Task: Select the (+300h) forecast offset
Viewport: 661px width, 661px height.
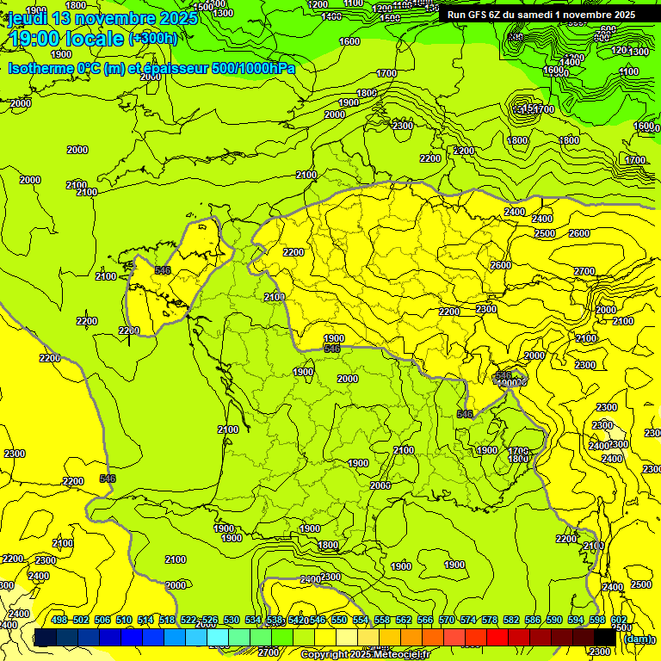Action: tap(153, 39)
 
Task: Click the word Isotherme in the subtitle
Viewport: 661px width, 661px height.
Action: tap(42, 67)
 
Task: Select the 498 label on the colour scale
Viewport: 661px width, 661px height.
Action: tap(59, 620)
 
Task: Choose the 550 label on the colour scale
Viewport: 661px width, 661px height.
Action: tap(339, 620)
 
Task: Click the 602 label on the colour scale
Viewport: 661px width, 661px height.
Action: tap(618, 620)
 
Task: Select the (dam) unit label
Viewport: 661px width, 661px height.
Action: tap(638, 638)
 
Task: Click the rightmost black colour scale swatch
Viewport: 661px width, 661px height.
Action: tap(605, 638)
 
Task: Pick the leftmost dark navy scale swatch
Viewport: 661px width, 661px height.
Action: tap(46, 638)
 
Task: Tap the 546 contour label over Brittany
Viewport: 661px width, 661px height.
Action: tap(162, 270)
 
